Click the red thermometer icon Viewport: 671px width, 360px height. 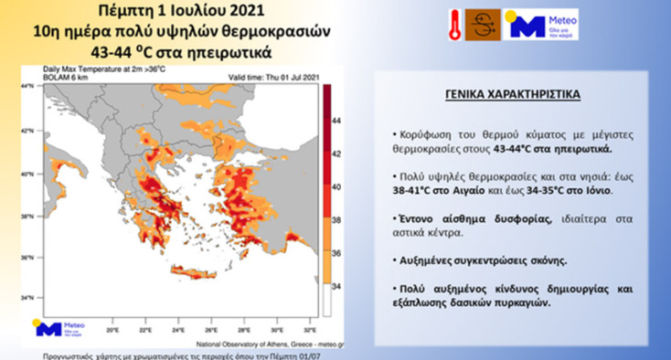point(455,24)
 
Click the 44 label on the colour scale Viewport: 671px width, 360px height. point(335,120)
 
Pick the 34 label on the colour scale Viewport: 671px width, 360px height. point(335,285)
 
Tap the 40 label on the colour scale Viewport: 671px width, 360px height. point(335,185)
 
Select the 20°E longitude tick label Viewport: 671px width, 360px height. point(112,330)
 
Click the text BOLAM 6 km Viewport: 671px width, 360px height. point(61,78)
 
